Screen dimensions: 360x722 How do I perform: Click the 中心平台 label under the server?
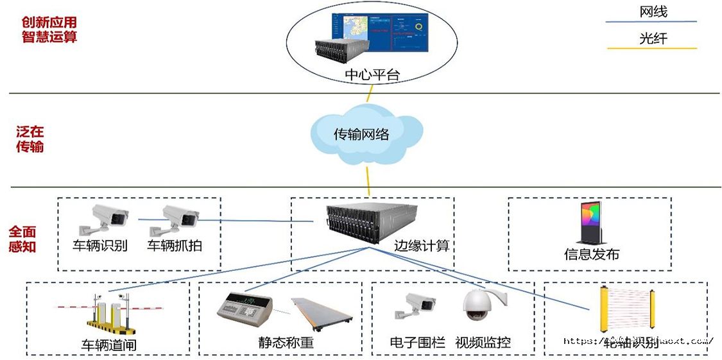372,74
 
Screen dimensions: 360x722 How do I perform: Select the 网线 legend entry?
653,12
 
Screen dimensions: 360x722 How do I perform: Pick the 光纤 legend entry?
653,39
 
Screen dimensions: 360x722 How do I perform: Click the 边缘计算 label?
421,246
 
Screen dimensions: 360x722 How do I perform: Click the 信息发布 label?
591,254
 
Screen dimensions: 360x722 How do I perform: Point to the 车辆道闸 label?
108,345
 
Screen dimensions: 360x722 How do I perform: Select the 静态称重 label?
286,343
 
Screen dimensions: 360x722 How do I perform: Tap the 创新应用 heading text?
49,22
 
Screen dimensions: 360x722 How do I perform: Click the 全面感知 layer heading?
22,239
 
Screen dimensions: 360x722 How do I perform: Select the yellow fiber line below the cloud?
368,180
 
